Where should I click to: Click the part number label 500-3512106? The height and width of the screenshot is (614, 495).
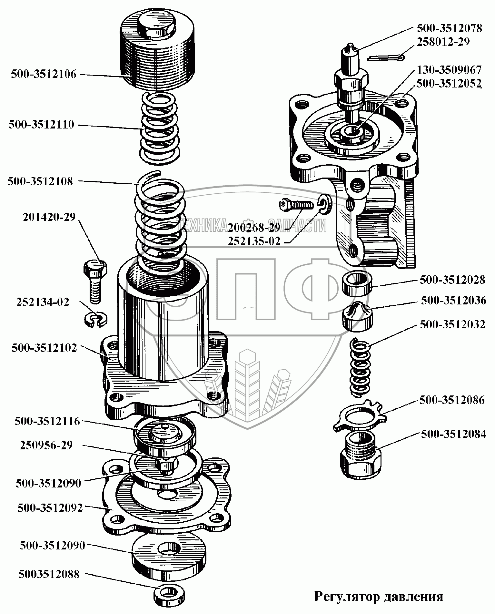point(44,75)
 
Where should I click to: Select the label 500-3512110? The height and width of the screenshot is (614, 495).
point(41,124)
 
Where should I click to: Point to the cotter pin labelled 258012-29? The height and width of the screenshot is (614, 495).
point(384,57)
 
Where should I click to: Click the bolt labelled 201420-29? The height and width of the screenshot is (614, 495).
point(95,281)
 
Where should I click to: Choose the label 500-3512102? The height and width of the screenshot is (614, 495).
point(45,348)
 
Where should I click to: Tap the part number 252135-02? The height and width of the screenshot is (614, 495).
point(254,241)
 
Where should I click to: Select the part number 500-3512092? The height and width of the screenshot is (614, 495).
point(50,508)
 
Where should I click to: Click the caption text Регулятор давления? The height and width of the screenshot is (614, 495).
point(378,597)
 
